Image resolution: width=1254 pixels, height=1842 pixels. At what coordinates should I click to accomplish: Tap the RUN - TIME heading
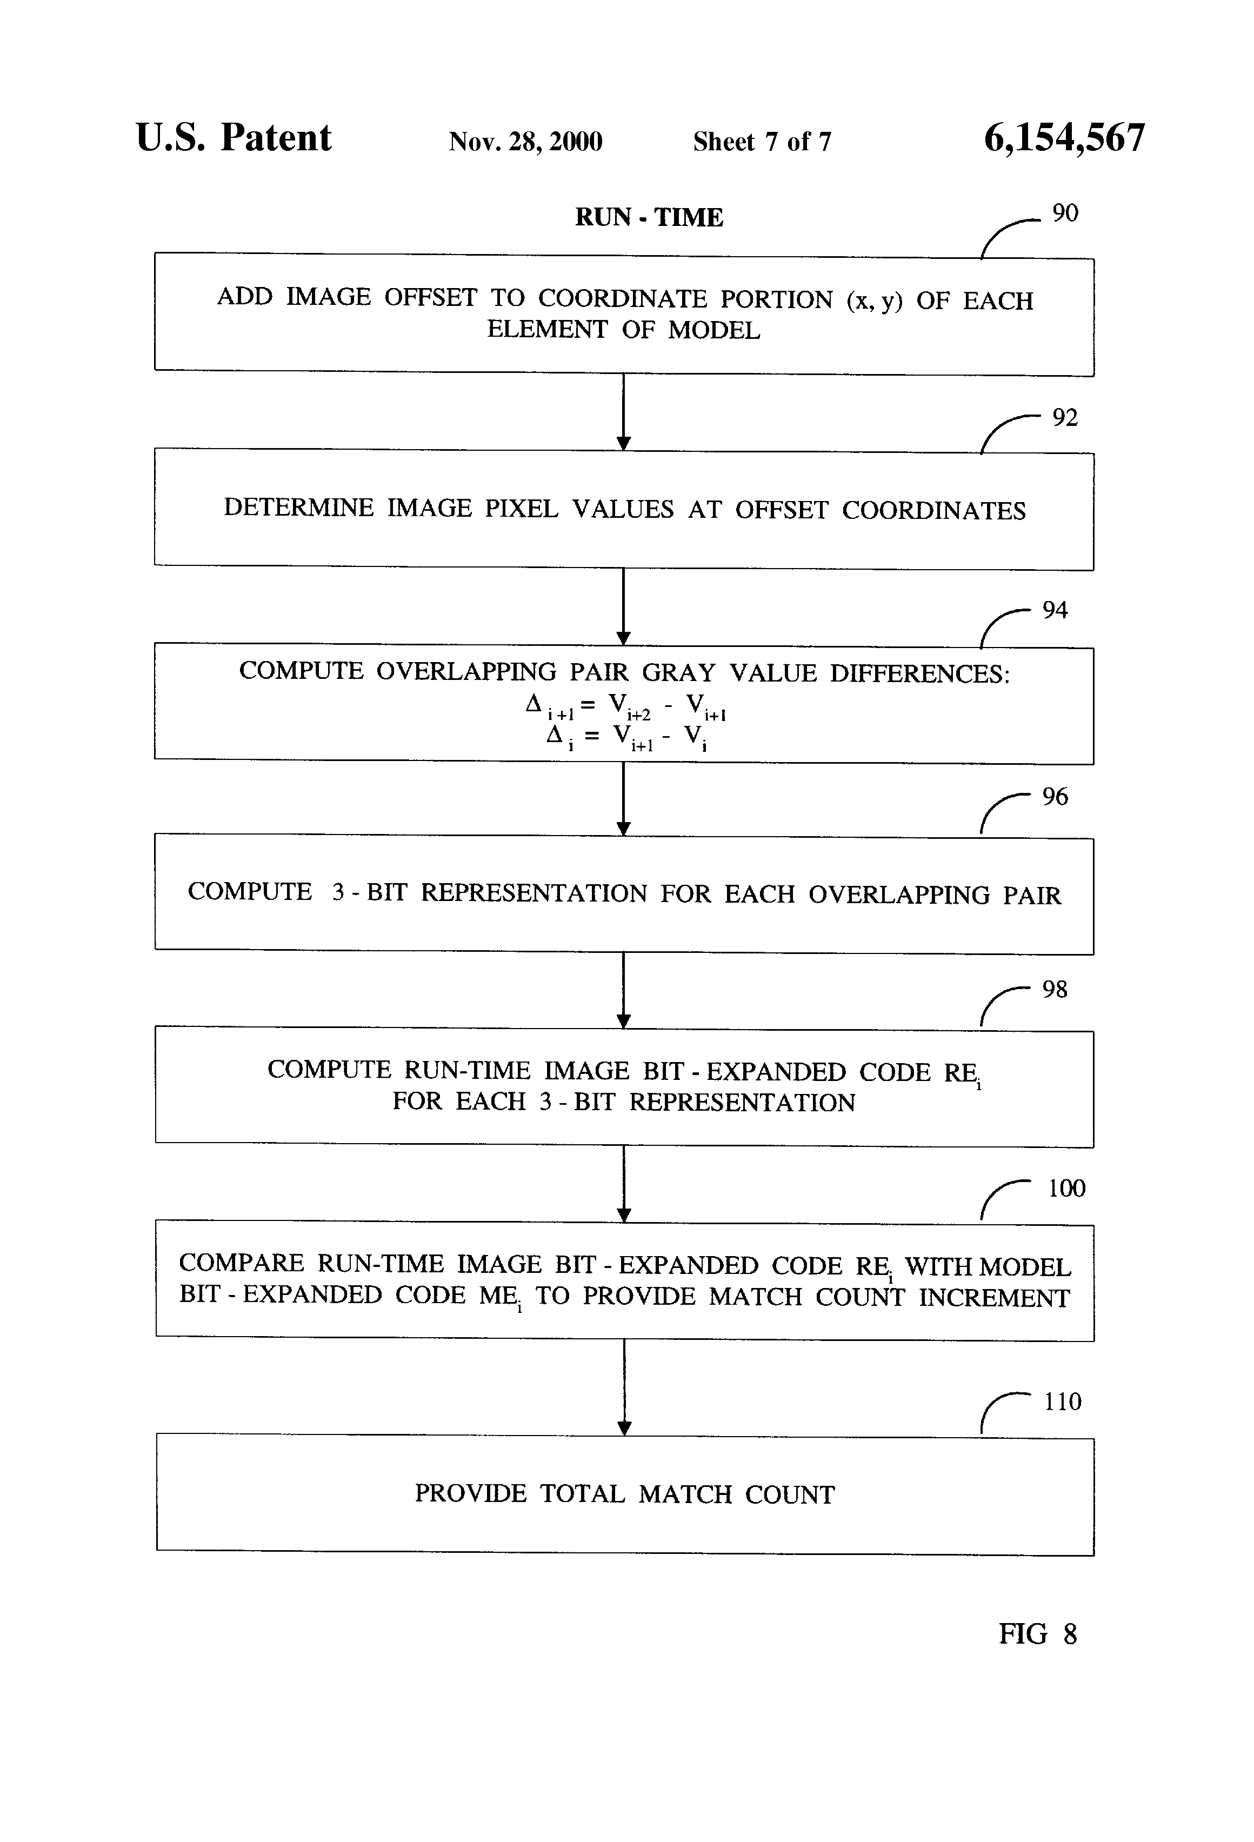[649, 217]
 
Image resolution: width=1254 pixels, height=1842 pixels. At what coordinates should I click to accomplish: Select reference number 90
[1065, 213]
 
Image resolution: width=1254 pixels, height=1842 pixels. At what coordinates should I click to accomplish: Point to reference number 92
[1065, 418]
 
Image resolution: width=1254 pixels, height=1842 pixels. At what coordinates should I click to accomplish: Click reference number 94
[1054, 610]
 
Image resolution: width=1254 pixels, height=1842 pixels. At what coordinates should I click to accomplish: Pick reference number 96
[1054, 797]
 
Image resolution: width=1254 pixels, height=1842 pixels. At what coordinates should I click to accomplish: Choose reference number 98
[1054, 989]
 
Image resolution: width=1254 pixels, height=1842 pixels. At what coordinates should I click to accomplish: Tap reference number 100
[1066, 1188]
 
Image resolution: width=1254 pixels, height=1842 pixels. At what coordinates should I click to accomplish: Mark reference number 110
[1062, 1402]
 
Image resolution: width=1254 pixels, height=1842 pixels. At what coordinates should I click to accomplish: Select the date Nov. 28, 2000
[525, 142]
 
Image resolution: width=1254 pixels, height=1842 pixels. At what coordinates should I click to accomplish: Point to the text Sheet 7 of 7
[762, 142]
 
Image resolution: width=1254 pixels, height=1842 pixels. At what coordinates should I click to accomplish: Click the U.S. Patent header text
[233, 138]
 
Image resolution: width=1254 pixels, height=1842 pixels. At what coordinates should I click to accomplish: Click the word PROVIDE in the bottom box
[470, 1493]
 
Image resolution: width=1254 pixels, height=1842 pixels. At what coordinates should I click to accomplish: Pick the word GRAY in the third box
[678, 672]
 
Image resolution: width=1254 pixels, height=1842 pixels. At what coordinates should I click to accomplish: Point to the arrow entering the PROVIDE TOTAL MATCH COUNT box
[624, 1388]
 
